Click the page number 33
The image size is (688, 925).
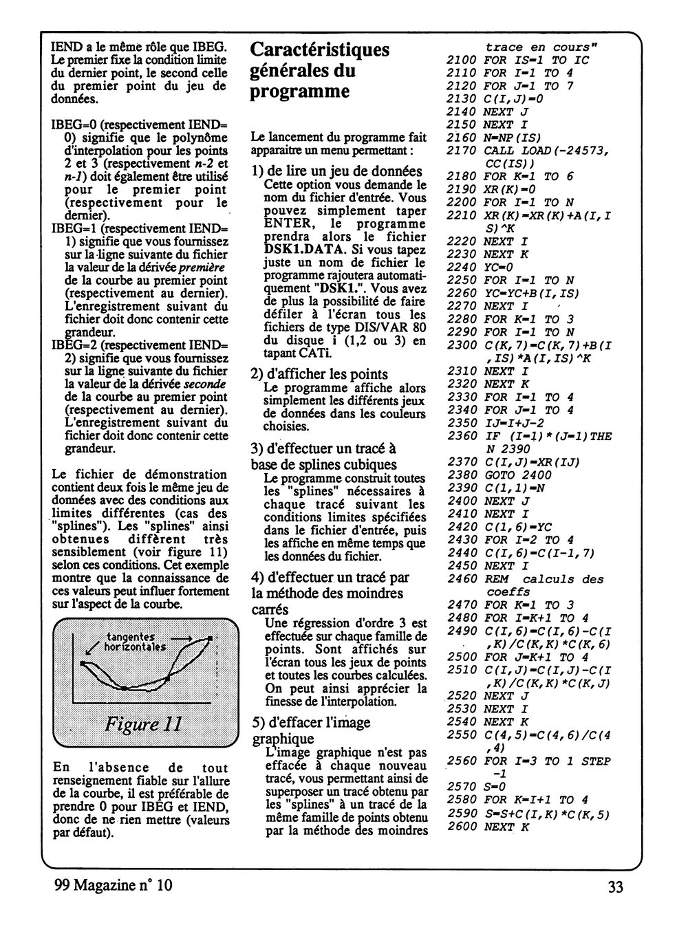point(615,886)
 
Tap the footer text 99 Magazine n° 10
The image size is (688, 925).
point(114,886)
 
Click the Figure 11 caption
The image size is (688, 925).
point(143,724)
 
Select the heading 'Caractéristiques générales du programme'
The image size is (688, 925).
point(319,70)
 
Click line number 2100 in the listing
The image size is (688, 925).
point(461,60)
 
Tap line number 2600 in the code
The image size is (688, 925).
point(461,826)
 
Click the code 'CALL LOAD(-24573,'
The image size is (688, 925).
point(547,151)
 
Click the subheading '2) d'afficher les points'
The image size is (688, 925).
point(319,373)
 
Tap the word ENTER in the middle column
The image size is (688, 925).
point(283,224)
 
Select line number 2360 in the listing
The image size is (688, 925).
point(461,436)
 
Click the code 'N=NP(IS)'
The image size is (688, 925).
point(512,138)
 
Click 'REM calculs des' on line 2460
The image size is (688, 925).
point(544,579)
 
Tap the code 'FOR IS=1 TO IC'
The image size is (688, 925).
point(536,60)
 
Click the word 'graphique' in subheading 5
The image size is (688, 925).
point(283,739)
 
